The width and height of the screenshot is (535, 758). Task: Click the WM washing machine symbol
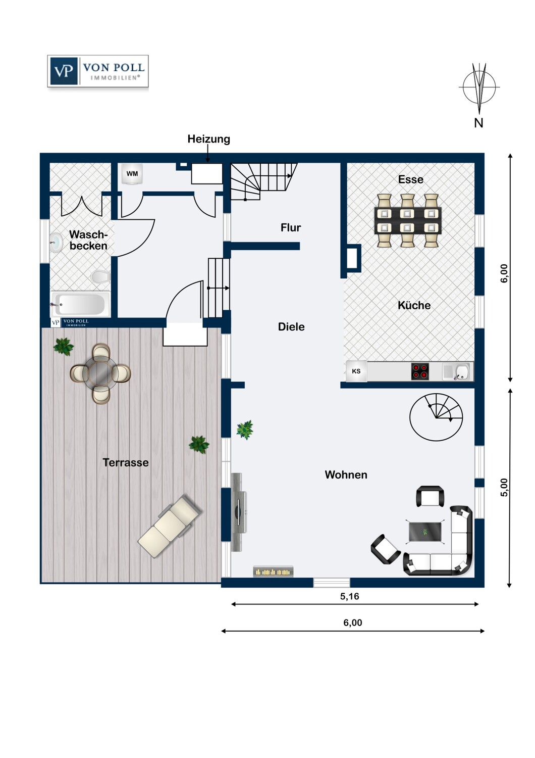[x=132, y=174]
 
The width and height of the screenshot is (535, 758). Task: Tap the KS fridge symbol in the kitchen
[x=356, y=371]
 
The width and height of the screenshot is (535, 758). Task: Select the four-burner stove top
[x=420, y=371]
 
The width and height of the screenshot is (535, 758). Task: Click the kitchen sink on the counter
[x=456, y=371]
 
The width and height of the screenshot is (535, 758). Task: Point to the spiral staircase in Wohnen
[x=436, y=417]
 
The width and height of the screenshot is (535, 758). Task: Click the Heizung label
[x=209, y=139]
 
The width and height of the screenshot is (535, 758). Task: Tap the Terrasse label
[x=126, y=462]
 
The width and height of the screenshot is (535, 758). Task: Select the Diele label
[x=291, y=327]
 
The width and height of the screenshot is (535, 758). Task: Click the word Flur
[x=291, y=228]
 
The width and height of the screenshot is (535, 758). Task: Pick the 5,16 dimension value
[x=349, y=596]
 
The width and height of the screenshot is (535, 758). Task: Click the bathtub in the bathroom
[x=80, y=304]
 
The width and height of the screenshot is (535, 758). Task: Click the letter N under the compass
[x=478, y=123]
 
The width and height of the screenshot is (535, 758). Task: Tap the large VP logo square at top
[x=64, y=71]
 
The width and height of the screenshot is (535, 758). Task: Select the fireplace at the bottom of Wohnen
[x=274, y=572]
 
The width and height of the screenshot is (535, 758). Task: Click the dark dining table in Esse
[x=408, y=220]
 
